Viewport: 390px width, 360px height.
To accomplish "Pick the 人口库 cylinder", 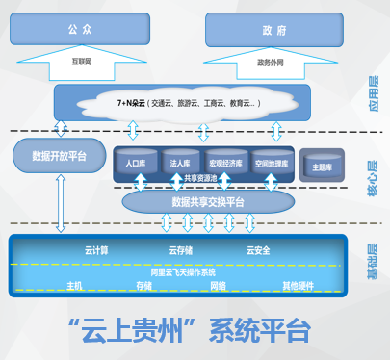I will pyautogui.click(x=136, y=163).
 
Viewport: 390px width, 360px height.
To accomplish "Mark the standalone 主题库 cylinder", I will pyautogui.click(x=322, y=166).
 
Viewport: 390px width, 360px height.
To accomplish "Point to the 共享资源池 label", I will pyautogui.click(x=199, y=178).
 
